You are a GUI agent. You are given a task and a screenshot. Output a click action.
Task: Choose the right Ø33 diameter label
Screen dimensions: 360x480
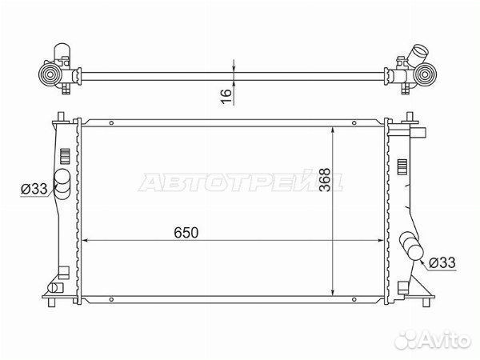point(442,262)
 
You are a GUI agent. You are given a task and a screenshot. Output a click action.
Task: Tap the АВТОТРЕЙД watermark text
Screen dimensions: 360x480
point(240,183)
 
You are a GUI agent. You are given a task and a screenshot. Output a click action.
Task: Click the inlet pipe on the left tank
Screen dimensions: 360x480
point(61,180)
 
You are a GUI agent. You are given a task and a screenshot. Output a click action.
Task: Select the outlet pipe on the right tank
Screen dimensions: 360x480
point(411,246)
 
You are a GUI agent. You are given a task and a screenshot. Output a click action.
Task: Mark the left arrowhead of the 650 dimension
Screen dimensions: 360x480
point(88,240)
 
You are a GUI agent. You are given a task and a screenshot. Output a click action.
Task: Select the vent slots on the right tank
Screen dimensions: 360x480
point(402,168)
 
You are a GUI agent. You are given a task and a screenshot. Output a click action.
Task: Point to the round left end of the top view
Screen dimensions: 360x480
point(50,77)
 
